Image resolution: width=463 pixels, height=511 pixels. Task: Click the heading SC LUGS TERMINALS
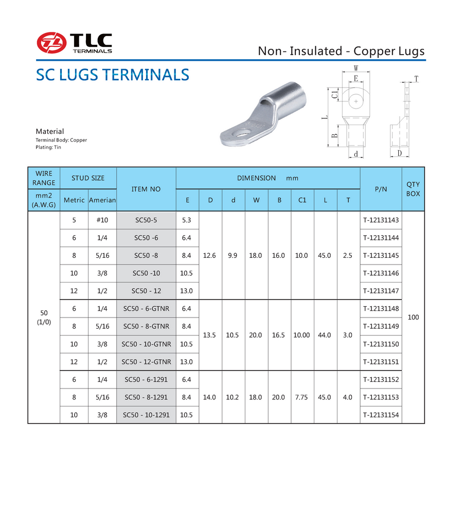[x=112, y=75]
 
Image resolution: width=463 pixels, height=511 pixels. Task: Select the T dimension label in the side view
[x=416, y=79]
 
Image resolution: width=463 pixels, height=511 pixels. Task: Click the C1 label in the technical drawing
[x=334, y=94]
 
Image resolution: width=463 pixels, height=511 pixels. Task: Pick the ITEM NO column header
[x=146, y=189]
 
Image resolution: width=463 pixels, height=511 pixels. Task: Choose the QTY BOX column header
[x=413, y=189]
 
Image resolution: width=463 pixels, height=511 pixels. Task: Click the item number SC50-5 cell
[x=146, y=220]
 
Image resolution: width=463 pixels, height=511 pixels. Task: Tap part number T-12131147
[x=381, y=291]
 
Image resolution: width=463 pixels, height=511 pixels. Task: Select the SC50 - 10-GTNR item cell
[x=146, y=344]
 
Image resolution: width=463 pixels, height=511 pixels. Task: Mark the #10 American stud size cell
[x=102, y=220]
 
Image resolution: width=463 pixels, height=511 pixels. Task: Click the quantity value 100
[x=413, y=318]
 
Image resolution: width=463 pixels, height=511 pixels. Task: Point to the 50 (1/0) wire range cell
[x=44, y=318]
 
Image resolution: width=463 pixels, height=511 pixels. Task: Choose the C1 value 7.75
[x=302, y=397]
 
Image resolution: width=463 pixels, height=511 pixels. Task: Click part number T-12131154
[x=381, y=415]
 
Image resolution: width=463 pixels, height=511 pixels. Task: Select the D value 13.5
[x=210, y=335]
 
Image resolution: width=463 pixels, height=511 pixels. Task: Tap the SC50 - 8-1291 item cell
[x=146, y=397]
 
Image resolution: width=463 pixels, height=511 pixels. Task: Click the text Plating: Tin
[x=48, y=148]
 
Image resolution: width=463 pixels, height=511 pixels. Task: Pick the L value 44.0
[x=325, y=335]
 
